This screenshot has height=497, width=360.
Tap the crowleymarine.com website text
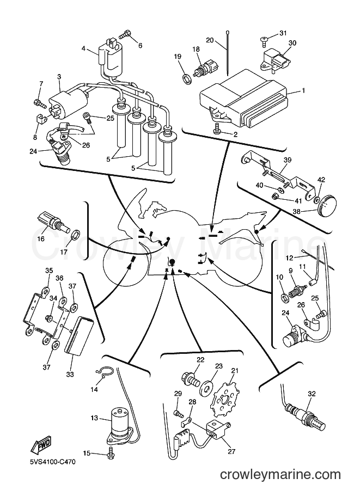(280, 474)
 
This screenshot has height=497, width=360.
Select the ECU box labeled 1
(243, 101)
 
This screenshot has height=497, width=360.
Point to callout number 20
(210, 40)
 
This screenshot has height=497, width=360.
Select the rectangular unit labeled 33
(78, 336)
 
